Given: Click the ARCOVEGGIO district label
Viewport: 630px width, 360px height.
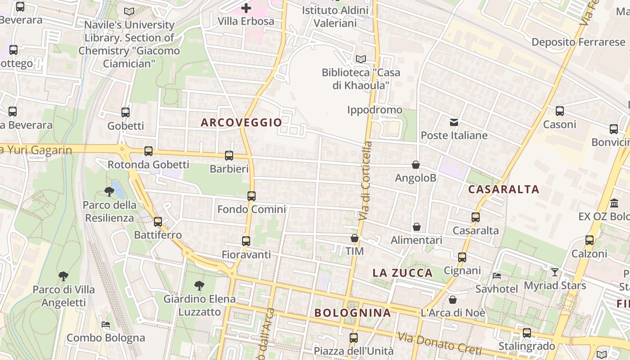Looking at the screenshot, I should [241, 122].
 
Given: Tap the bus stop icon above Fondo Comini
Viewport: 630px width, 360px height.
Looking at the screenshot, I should [252, 196].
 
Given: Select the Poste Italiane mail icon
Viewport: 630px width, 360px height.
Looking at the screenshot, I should [454, 122].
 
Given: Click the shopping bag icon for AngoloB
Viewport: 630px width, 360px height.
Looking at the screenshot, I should [416, 165].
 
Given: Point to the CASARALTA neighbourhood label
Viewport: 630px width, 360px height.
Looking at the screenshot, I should [504, 189].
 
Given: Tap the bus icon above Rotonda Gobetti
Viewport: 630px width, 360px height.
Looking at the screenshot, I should [148, 151].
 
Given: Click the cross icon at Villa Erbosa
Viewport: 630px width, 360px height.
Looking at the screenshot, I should [246, 8].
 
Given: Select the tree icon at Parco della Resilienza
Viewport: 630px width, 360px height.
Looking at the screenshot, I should [109, 192].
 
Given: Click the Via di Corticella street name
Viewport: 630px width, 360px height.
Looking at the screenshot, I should [365, 181].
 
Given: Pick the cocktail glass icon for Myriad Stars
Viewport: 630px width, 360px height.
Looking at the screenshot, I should [555, 272].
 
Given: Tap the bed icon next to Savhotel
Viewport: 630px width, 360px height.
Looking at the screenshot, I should [497, 275].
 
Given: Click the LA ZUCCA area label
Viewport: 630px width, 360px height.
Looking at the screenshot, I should [403, 273].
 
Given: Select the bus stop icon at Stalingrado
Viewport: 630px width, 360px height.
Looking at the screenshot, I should [526, 333].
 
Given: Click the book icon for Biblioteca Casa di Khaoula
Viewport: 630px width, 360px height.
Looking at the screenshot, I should [360, 59].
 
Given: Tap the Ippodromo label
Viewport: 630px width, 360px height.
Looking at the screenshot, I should [375, 110].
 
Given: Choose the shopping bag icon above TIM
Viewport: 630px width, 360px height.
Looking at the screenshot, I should [355, 238].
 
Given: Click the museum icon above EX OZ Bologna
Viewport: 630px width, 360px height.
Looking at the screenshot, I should [614, 203].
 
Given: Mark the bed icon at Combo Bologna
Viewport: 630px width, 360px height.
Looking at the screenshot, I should [106, 324].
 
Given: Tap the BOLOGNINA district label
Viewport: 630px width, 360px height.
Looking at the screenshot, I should [352, 313].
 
